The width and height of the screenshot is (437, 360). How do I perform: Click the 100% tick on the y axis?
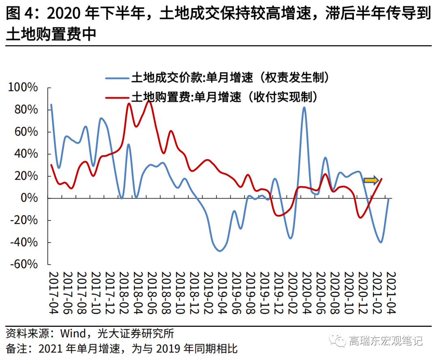tap(23, 88)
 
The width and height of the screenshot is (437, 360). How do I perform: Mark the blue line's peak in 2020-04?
tap(304, 107)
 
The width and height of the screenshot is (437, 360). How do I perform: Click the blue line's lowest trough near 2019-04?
tap(220, 251)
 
